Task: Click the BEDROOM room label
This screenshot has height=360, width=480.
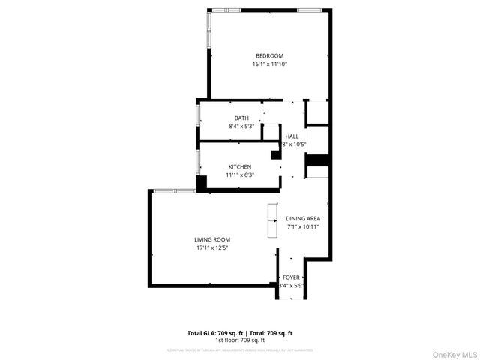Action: pos(269,56)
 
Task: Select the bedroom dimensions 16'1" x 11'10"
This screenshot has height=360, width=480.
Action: pos(269,64)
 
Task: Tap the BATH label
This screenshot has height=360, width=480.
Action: pos(241,118)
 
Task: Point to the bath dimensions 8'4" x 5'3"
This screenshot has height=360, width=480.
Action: pos(241,126)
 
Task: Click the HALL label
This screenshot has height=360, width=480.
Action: pos(292,136)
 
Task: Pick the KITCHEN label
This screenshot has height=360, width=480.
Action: pos(240,166)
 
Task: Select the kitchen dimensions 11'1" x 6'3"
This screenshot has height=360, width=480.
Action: pos(240,175)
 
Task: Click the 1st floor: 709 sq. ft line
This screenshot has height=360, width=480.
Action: pos(240,340)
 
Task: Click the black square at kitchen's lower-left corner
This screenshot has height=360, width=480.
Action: pos(201,182)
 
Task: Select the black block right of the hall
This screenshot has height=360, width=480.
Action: pos(317,160)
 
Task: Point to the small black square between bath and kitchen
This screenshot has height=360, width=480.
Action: pos(275,155)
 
